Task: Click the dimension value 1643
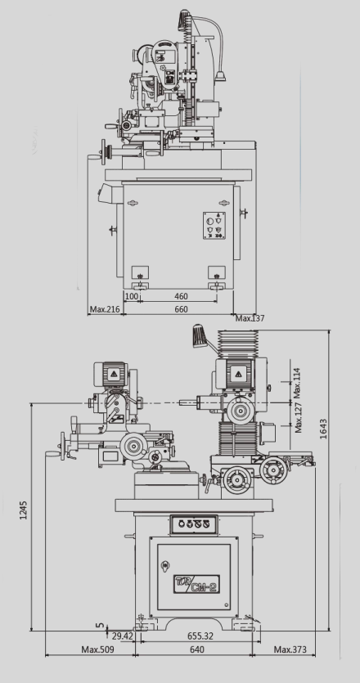point(323,429)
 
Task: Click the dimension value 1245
point(24,510)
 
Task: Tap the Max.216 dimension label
point(105,309)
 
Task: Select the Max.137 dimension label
point(250,318)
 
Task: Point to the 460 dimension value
point(181,297)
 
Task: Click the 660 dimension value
point(181,309)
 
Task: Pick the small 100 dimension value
point(132,297)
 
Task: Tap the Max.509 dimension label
point(97,649)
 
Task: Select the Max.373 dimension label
point(290,649)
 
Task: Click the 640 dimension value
point(197,649)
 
